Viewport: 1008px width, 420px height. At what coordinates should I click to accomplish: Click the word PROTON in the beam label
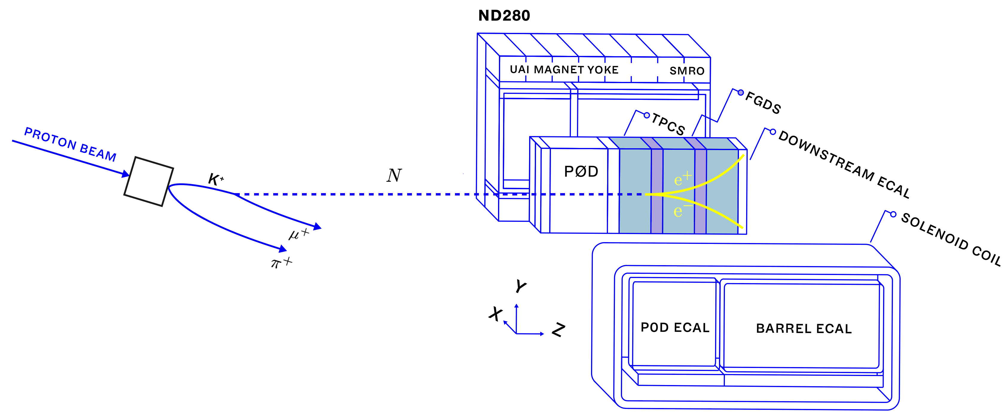tap(51, 139)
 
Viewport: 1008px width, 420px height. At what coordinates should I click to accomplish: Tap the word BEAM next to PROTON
tap(98, 153)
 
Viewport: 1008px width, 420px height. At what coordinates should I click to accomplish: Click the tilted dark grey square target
tap(149, 181)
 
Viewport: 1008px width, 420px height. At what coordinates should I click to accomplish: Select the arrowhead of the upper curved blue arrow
tap(317, 227)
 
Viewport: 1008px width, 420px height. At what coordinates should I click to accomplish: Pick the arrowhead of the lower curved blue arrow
tap(282, 249)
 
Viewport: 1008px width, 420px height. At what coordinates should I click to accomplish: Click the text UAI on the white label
tap(519, 69)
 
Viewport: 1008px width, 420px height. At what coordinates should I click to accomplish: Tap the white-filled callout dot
tap(647, 115)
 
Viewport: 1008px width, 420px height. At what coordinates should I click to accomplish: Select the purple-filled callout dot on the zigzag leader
tap(740, 93)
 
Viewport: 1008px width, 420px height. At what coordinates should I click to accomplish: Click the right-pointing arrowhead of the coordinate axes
tap(542, 334)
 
